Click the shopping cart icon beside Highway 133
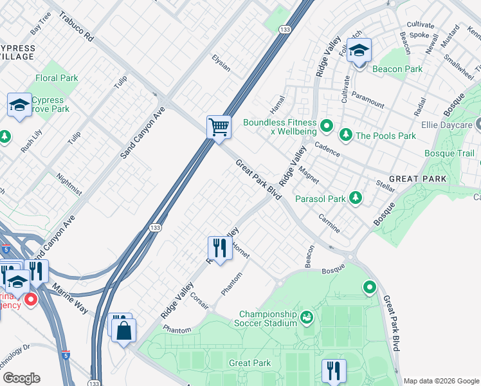tap(219, 127)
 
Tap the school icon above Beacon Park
tap(359, 50)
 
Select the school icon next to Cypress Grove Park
tap(19, 105)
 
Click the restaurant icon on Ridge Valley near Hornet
tap(219, 248)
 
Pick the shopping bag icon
tap(123, 331)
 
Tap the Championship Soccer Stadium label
tap(268, 318)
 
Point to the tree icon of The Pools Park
tap(346, 134)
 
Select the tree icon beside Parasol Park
tap(355, 198)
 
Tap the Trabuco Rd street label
tap(77, 26)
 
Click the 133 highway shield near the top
tap(284, 29)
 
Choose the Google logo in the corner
tap(21, 378)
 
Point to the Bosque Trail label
tap(449, 153)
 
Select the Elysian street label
tap(221, 63)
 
